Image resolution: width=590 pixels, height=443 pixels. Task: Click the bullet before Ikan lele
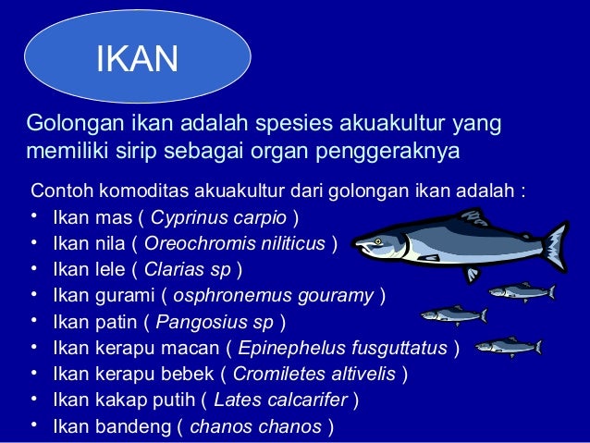33,270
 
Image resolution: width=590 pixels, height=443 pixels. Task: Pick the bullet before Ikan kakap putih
33,400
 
